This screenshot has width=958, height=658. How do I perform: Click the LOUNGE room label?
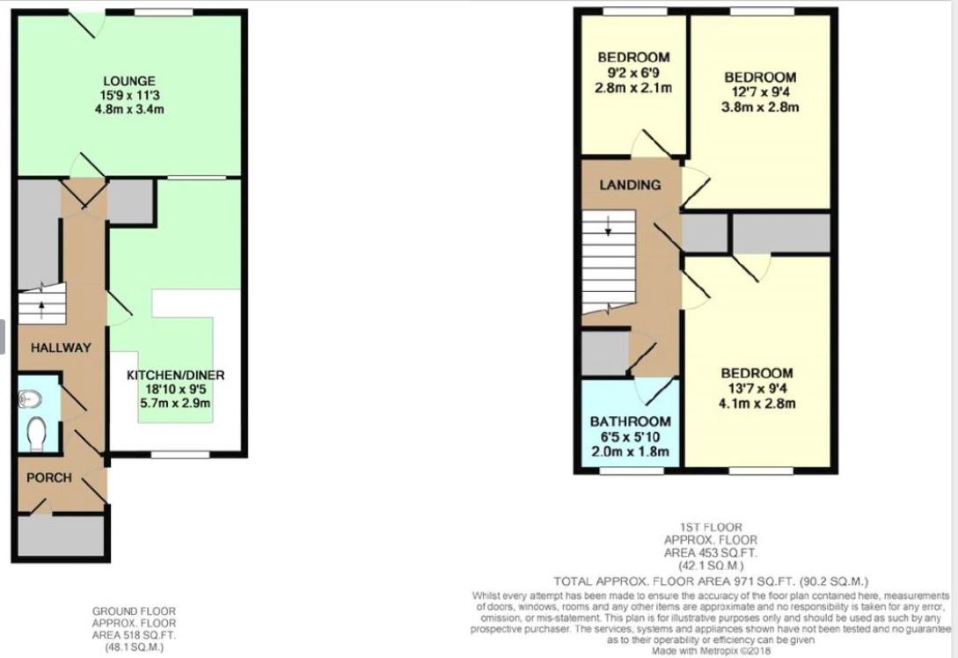coord(128,81)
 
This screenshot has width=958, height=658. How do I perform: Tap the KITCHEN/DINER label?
coord(175,375)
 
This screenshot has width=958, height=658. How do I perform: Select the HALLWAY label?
coord(61,347)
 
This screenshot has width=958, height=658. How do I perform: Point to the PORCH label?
coord(48,478)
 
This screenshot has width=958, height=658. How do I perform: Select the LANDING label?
coord(630,185)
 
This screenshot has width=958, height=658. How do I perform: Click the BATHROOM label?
coord(630,421)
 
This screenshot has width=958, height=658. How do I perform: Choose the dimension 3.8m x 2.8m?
coord(761,107)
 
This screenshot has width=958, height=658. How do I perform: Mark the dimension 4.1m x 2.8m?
coord(757,404)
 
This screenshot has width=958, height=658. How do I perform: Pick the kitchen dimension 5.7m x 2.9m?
coord(175,404)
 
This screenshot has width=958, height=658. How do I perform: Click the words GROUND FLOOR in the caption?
coord(134,610)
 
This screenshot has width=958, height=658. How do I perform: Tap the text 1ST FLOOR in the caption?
coord(710,528)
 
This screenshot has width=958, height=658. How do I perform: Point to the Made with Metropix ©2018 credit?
coord(710,651)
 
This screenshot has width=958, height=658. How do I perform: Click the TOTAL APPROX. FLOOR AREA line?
coord(710,581)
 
